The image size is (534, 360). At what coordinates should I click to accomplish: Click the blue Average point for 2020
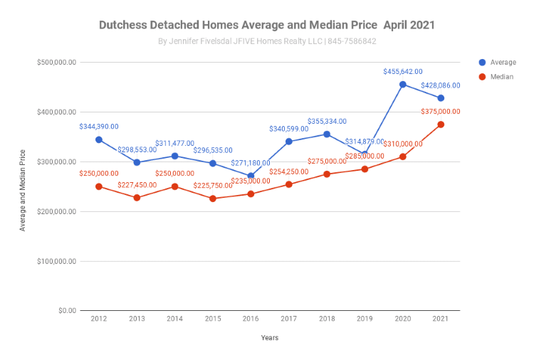click(403, 85)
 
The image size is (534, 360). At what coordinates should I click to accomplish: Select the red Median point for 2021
click(441, 125)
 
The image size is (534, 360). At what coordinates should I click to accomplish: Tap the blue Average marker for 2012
click(99, 139)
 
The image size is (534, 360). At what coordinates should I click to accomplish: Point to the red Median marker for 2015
click(213, 198)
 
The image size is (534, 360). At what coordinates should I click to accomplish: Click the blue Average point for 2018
click(327, 134)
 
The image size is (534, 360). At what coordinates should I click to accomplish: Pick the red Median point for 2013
click(137, 198)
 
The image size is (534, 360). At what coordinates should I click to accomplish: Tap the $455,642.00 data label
click(403, 72)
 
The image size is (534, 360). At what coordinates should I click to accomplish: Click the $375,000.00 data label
click(441, 112)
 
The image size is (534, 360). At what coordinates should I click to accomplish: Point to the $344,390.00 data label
click(99, 127)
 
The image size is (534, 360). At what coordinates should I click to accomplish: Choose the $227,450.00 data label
click(137, 185)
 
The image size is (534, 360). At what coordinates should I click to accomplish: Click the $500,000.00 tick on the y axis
click(56, 63)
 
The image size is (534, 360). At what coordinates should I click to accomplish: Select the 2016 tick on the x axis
click(251, 319)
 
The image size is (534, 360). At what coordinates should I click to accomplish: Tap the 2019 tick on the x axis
click(365, 319)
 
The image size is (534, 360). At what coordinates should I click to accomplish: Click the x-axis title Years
click(270, 338)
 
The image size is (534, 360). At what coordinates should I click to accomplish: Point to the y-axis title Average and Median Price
click(23, 190)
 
